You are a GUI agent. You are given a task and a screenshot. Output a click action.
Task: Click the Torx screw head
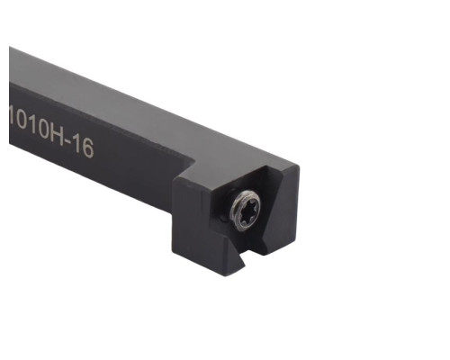245,211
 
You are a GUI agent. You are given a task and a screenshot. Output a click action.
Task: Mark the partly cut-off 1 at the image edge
12,115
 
